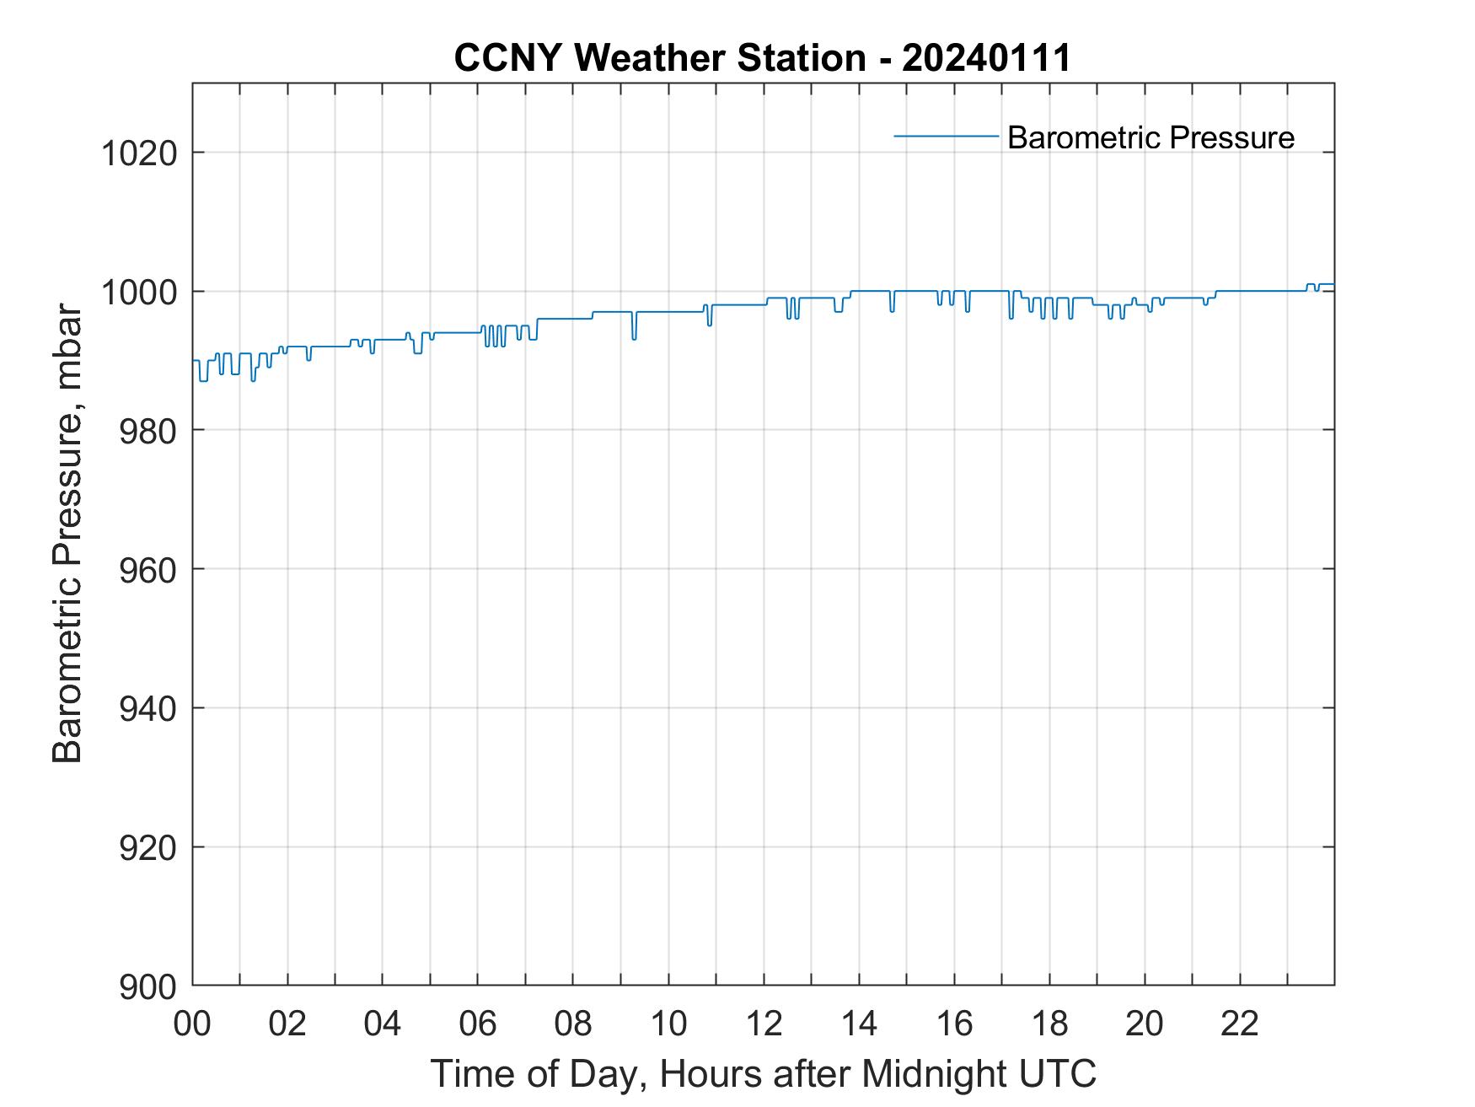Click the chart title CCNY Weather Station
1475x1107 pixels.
click(659, 58)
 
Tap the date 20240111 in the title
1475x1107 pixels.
click(985, 58)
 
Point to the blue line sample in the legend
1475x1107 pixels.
click(946, 136)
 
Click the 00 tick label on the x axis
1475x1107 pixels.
click(192, 1024)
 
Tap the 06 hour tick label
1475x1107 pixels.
click(478, 1024)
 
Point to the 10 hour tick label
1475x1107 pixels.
click(668, 1024)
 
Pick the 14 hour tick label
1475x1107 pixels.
click(859, 1024)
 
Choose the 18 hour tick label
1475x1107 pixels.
click(1049, 1024)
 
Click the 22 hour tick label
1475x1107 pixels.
click(1240, 1024)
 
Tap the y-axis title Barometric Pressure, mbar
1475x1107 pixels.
click(67, 534)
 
